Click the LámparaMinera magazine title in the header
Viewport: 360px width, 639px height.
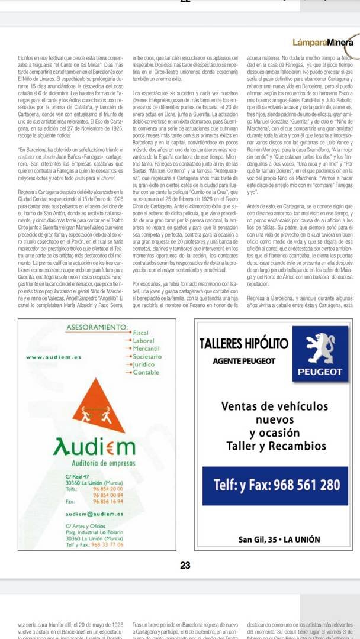point(322,42)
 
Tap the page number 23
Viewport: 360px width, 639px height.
point(185,566)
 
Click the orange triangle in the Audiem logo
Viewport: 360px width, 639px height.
point(99,408)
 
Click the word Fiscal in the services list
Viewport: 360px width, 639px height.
point(141,334)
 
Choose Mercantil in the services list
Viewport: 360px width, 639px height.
point(146,349)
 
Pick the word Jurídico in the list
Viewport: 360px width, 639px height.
point(145,364)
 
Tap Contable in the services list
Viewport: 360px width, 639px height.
point(146,372)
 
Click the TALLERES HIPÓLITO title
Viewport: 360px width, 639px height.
point(244,344)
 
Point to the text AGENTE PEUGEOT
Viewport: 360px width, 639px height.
point(244,360)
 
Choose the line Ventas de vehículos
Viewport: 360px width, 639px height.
point(274,406)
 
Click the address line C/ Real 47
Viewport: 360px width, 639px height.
point(77,476)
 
